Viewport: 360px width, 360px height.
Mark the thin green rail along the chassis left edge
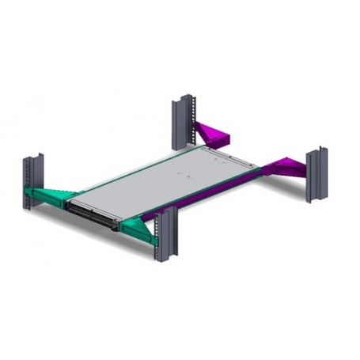point(119,171)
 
